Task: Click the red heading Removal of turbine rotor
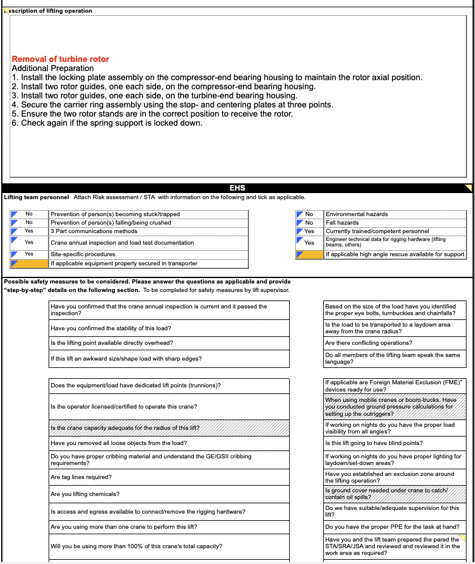point(61,59)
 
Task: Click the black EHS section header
point(237,188)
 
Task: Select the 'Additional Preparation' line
point(53,69)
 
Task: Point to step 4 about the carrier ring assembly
point(173,104)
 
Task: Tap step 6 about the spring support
point(107,123)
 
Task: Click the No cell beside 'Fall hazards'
point(309,223)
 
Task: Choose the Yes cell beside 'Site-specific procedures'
point(29,254)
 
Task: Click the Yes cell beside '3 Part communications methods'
point(29,231)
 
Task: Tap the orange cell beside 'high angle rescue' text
point(309,254)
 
